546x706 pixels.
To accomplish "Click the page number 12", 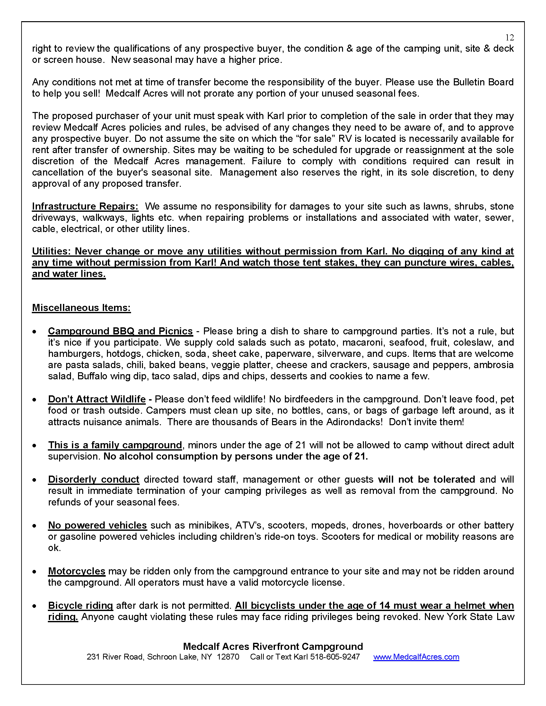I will tap(509, 38).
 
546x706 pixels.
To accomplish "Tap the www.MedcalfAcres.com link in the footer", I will tap(416, 657).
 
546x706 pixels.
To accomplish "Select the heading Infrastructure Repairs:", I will tap(85, 206).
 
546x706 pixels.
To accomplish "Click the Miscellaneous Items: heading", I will tap(81, 307).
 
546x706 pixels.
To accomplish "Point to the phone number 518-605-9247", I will tap(335, 657).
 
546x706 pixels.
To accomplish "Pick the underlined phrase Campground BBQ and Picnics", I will tap(120, 331).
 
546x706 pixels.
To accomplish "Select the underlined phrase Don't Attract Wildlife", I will tap(97, 399).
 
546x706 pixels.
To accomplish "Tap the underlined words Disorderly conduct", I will tap(93, 479).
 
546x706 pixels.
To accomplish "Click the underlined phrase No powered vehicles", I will tap(97, 525).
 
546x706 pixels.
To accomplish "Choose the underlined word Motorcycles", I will tap(77, 571).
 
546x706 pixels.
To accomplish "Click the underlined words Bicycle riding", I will tap(81, 605).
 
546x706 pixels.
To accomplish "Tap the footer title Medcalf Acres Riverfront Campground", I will tap(273, 646).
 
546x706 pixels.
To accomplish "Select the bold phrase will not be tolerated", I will tap(426, 479).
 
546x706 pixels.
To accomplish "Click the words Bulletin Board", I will tap(483, 82).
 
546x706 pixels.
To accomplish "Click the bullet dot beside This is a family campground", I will tap(34, 446).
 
